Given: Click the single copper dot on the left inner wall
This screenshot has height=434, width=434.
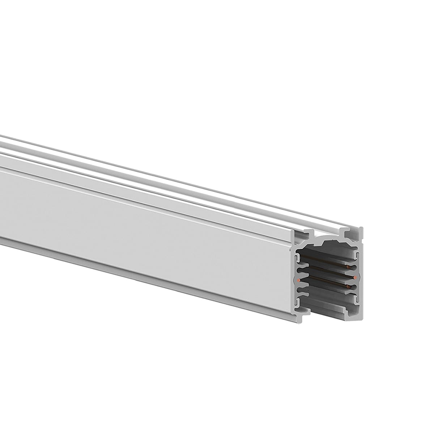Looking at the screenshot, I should [x=298, y=280].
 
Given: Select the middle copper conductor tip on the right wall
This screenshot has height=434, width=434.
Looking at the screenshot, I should [x=356, y=277].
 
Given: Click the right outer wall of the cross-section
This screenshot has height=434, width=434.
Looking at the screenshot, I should [x=361, y=275].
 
